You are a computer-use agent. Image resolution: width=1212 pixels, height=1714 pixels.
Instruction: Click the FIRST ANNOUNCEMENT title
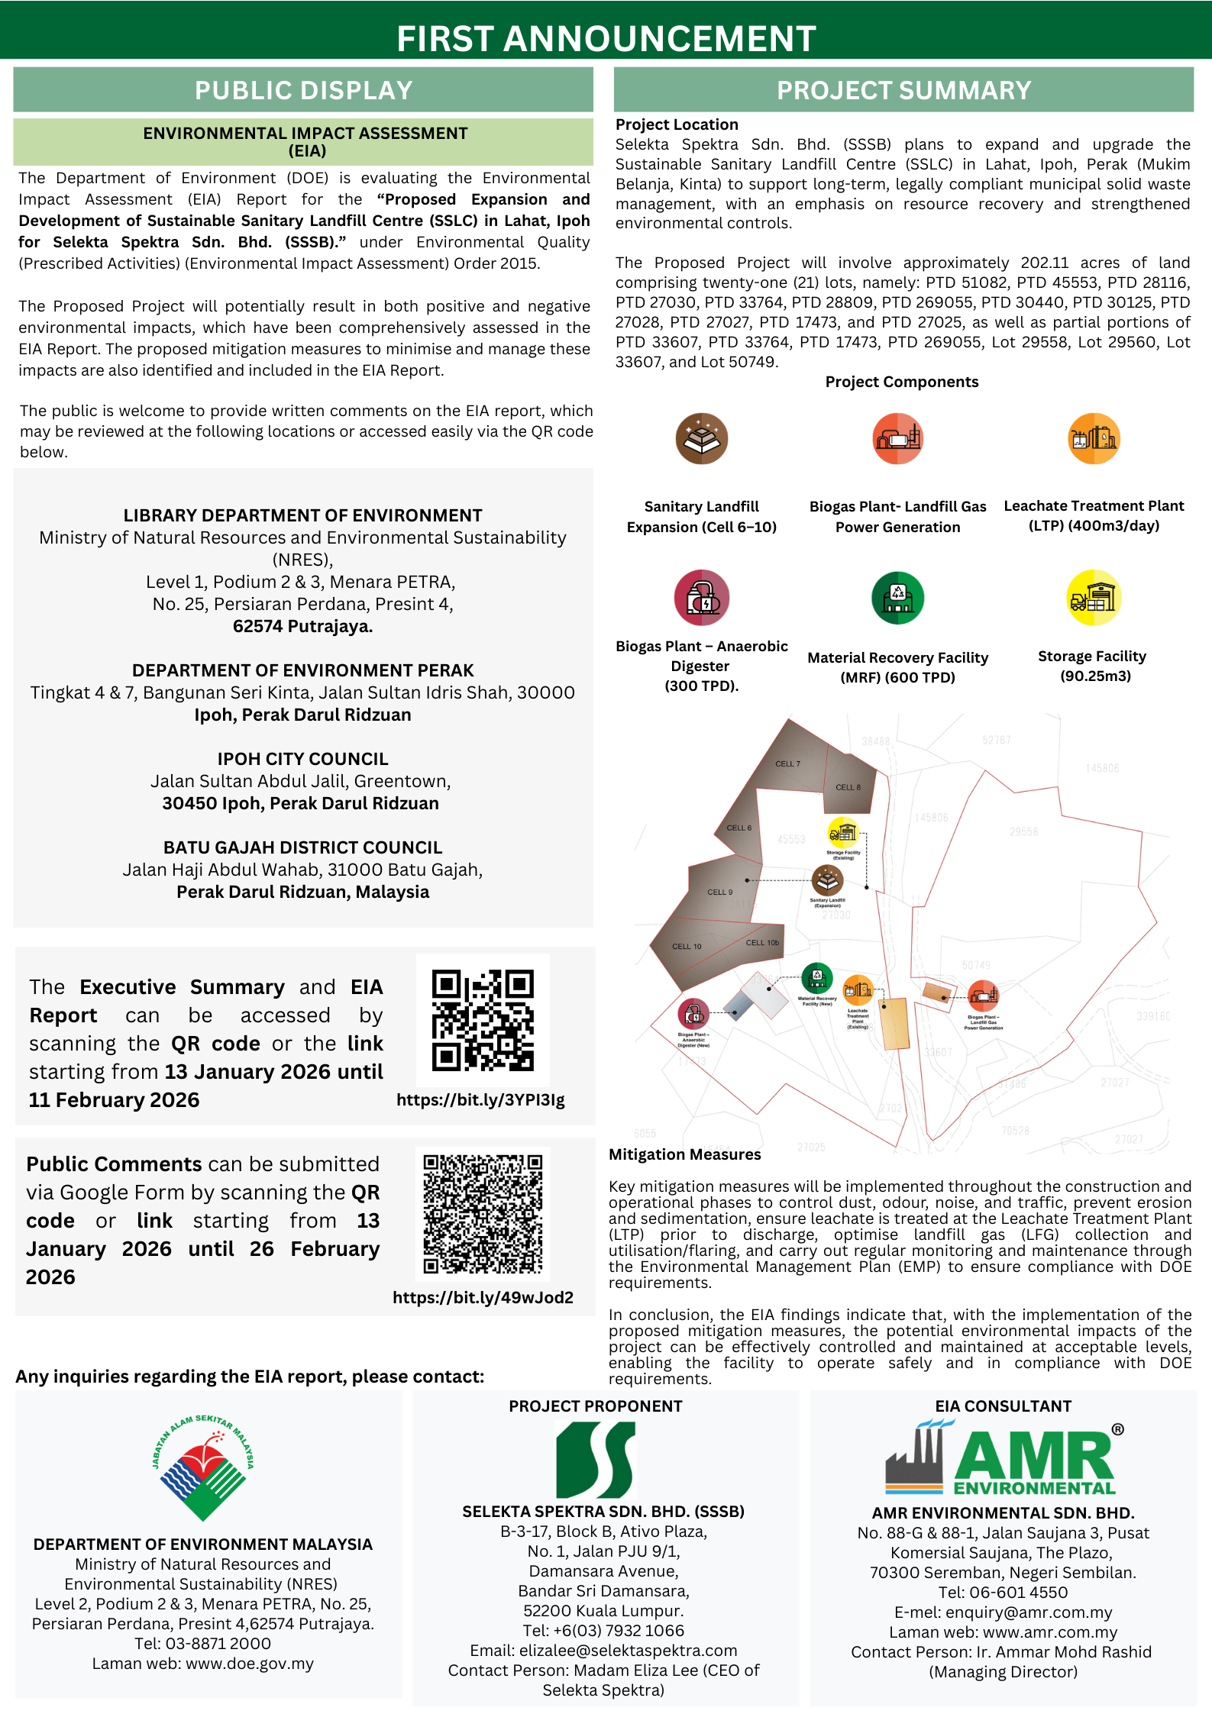point(606,38)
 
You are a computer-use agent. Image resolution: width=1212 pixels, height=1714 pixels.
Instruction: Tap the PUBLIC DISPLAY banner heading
point(303,90)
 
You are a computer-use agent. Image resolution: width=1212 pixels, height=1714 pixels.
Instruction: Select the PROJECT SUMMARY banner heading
point(903,90)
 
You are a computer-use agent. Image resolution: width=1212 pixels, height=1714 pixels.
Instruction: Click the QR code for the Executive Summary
point(483,1020)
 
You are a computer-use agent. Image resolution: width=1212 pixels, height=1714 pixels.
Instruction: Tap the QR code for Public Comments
point(483,1213)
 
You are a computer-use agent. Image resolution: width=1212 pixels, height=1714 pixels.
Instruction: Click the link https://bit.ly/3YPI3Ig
point(480,1099)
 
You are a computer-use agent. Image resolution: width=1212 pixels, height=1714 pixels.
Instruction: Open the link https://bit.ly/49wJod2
point(483,1297)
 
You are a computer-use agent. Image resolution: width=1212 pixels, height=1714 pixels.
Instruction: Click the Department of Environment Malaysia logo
point(203,1467)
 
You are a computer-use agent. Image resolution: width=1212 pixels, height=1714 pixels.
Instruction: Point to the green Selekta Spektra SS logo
point(596,1460)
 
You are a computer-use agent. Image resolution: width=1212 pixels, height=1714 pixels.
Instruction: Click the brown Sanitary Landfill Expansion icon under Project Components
point(701,439)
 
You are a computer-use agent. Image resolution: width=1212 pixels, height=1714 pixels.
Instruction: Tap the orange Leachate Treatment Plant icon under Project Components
point(1094,439)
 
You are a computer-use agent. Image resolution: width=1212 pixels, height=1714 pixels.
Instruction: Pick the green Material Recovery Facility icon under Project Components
point(898,598)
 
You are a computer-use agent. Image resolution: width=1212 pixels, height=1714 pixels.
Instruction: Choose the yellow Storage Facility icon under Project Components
point(1093,597)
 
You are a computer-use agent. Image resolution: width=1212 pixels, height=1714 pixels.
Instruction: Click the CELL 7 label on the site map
point(787,763)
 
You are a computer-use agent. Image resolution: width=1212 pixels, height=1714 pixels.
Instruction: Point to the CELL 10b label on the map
point(762,942)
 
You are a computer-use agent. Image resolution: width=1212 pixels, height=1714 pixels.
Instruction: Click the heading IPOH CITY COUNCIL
point(302,759)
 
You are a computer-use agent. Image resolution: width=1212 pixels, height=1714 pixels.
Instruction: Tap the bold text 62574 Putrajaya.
point(302,626)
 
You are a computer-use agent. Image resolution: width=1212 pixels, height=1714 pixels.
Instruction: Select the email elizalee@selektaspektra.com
point(628,1651)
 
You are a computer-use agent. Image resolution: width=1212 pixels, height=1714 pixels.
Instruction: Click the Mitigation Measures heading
point(684,1154)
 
